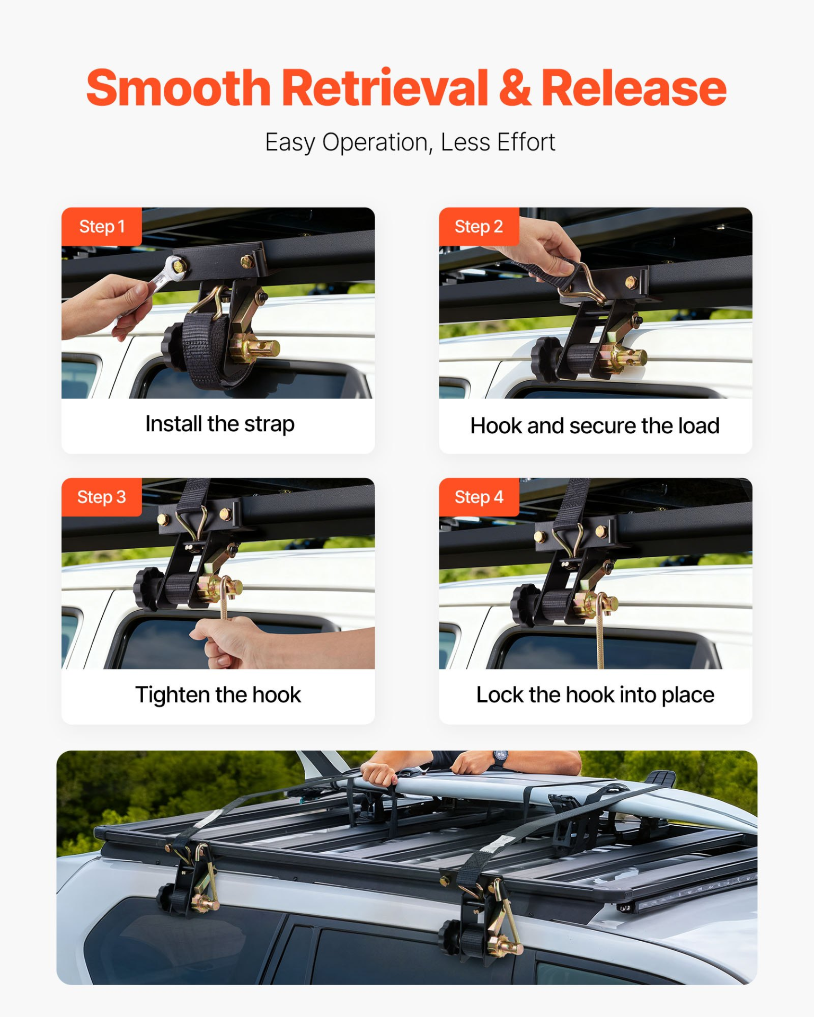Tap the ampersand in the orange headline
[514, 88]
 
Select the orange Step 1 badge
[102, 227]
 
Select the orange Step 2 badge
[479, 227]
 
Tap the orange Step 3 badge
[102, 497]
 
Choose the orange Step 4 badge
[479, 497]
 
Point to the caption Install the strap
[219, 424]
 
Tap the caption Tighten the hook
[218, 695]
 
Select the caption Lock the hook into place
[595, 695]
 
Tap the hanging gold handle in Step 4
[600, 636]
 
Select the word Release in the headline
[633, 88]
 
